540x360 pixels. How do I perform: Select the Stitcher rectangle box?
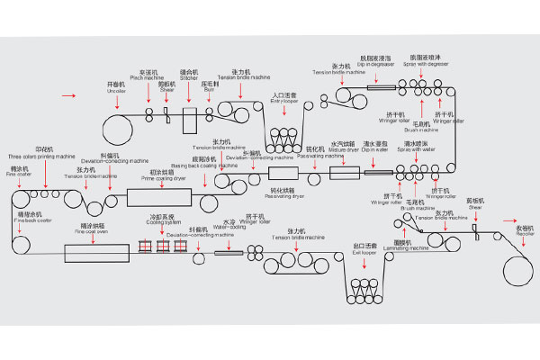pyautogui.click(x=189, y=119)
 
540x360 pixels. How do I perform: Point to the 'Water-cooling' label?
pyautogui.click(x=229, y=226)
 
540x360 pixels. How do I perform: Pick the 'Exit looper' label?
pyautogui.click(x=364, y=249)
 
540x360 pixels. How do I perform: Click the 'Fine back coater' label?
pyautogui.click(x=29, y=220)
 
